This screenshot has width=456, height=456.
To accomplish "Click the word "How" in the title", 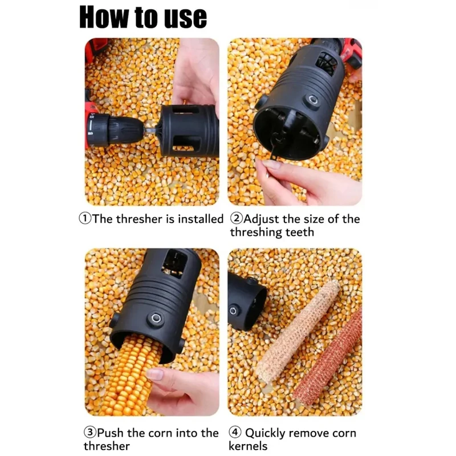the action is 104,18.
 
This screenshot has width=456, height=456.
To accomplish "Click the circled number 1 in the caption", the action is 84,218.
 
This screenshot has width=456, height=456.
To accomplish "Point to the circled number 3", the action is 90,432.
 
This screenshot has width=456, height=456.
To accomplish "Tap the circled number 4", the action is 235,432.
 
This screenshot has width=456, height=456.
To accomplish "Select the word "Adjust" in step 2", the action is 261,219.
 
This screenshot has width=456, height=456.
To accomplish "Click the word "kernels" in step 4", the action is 248,446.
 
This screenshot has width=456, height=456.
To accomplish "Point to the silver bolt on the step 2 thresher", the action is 313,100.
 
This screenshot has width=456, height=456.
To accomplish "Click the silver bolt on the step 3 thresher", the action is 156,317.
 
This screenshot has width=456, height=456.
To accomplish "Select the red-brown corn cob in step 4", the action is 328,359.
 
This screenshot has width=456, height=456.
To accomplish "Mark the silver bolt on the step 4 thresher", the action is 233,311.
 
